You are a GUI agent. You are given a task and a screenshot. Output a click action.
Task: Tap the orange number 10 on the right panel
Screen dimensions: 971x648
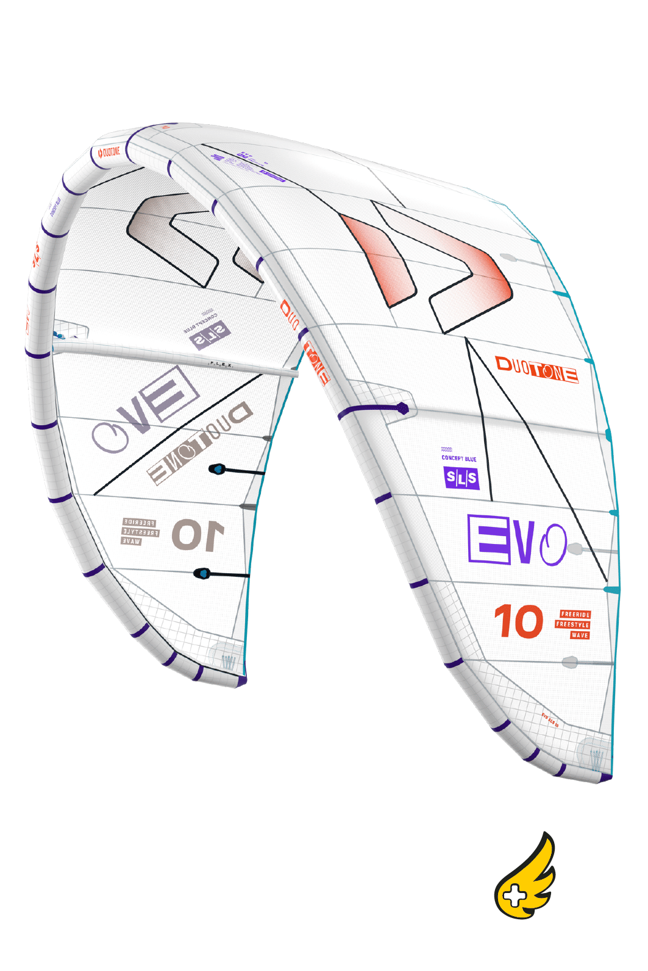pyautogui.click(x=518, y=621)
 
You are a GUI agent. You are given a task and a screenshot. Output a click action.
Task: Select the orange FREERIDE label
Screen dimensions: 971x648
pyautogui.click(x=575, y=615)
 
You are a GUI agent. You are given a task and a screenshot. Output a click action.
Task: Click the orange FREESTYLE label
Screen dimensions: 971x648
pyautogui.click(x=572, y=624)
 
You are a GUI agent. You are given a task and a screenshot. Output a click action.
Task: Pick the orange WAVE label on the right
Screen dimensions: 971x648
pyautogui.click(x=580, y=635)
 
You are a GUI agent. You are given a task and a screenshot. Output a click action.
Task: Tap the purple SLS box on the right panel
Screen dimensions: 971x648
pyautogui.click(x=461, y=478)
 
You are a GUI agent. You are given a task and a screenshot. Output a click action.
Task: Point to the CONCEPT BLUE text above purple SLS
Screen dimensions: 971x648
pyautogui.click(x=459, y=458)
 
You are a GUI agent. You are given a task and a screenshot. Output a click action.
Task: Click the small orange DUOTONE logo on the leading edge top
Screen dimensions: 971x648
pyautogui.click(x=110, y=152)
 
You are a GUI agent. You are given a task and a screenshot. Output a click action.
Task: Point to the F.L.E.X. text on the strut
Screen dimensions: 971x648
pyautogui.click(x=221, y=364)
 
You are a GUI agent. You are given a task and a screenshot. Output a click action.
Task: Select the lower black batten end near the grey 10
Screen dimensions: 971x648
pyautogui.click(x=202, y=573)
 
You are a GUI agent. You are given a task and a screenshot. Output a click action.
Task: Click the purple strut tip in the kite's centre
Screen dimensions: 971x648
pyautogui.click(x=402, y=408)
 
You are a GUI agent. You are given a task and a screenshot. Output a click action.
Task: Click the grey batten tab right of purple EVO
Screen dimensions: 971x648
pyautogui.click(x=574, y=549)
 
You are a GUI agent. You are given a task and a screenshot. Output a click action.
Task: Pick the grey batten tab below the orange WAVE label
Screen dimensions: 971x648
pyautogui.click(x=570, y=662)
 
